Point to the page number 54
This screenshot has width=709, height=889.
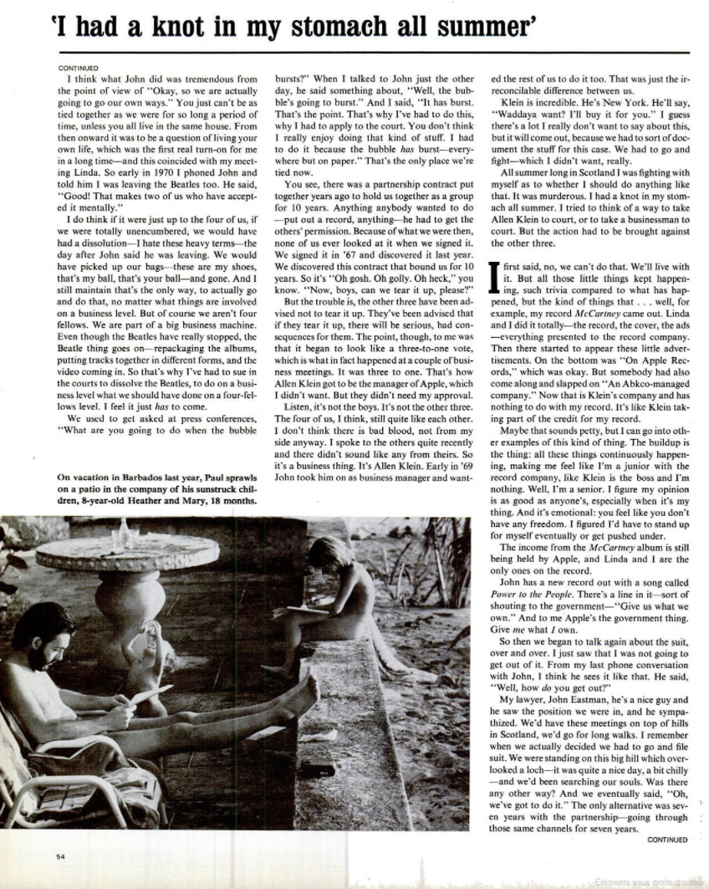[x=61, y=856]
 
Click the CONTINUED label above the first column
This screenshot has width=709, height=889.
[x=79, y=68]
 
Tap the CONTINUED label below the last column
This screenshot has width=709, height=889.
[x=667, y=839]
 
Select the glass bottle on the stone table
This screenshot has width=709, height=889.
[x=125, y=533]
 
